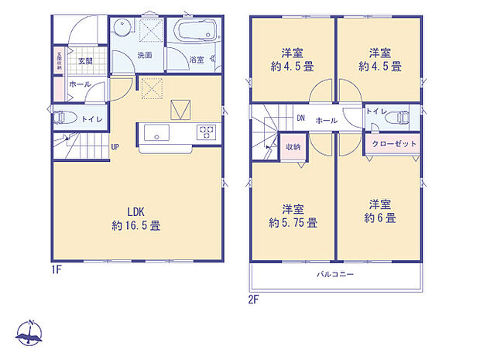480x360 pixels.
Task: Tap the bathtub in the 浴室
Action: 196,34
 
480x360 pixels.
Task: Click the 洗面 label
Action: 145,56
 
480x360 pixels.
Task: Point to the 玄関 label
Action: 84,60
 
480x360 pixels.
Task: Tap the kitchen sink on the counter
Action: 156,133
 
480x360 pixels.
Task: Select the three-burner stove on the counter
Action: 206,132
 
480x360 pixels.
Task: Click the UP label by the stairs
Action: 115,147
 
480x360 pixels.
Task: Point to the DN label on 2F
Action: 300,118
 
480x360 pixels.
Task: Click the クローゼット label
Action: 395,144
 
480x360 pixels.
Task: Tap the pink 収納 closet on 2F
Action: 292,147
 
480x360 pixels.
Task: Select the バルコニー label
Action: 335,274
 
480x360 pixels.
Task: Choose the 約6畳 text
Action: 379,219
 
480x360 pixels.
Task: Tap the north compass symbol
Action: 30,334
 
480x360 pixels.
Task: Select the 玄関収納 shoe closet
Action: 58,62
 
